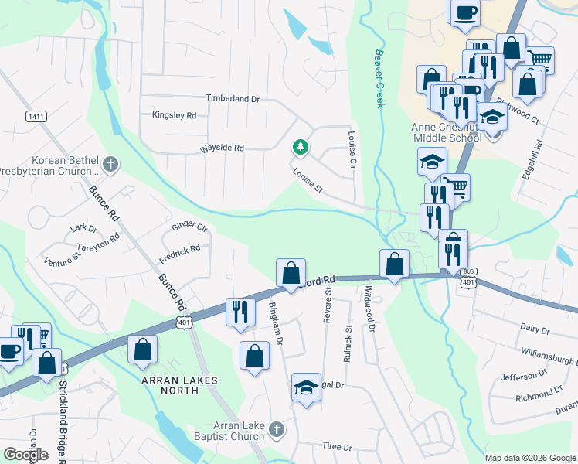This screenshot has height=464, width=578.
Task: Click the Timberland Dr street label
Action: [x=233, y=99]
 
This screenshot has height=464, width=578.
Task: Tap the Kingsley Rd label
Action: [x=175, y=115]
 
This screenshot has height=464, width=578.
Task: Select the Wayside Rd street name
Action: [x=222, y=148]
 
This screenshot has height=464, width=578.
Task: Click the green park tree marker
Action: [x=300, y=147]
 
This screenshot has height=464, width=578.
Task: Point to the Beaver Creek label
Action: [x=379, y=79]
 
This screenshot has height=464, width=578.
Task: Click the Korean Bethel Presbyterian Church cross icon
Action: [x=110, y=164]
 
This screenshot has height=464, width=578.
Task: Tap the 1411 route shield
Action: [x=35, y=116]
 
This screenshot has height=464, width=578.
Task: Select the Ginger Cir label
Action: [x=189, y=227]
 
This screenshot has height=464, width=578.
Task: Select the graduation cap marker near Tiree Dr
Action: [x=306, y=386]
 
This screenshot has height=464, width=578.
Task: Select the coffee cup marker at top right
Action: [x=465, y=12]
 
